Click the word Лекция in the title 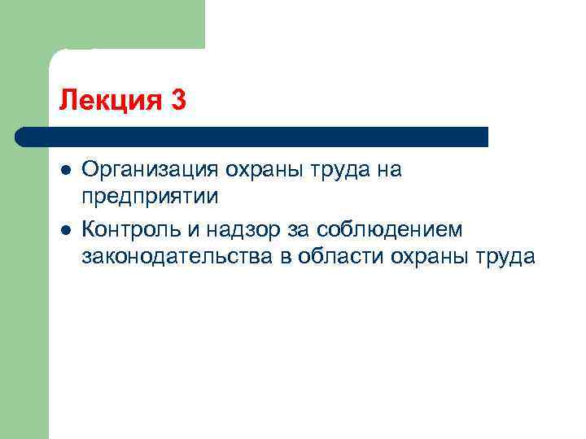(107, 101)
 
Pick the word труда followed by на (335, 170)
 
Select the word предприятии (150, 199)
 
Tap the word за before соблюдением (286, 228)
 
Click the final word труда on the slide (502, 258)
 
